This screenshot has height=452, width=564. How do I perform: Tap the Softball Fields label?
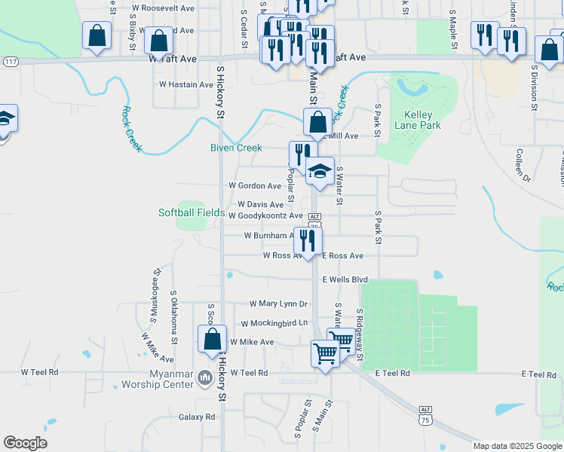[x=192, y=212]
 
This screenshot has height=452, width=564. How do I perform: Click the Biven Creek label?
[x=235, y=148]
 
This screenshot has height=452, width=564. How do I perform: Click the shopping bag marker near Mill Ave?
[x=318, y=122]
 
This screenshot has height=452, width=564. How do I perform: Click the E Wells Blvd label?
[x=345, y=279]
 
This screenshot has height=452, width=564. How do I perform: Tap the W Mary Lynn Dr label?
[x=279, y=304]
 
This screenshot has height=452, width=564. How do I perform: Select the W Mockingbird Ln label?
[x=274, y=323]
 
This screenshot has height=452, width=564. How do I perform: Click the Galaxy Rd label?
[x=197, y=417]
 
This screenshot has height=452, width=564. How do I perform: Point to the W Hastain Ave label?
[x=185, y=85]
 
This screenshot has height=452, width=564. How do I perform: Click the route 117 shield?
[x=10, y=60]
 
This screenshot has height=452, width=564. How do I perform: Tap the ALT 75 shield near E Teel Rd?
[x=425, y=414]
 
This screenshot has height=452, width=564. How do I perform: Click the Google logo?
[x=25, y=443]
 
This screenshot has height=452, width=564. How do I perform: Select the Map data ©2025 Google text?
[x=517, y=446]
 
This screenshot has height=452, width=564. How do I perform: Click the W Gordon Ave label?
[x=255, y=185]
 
